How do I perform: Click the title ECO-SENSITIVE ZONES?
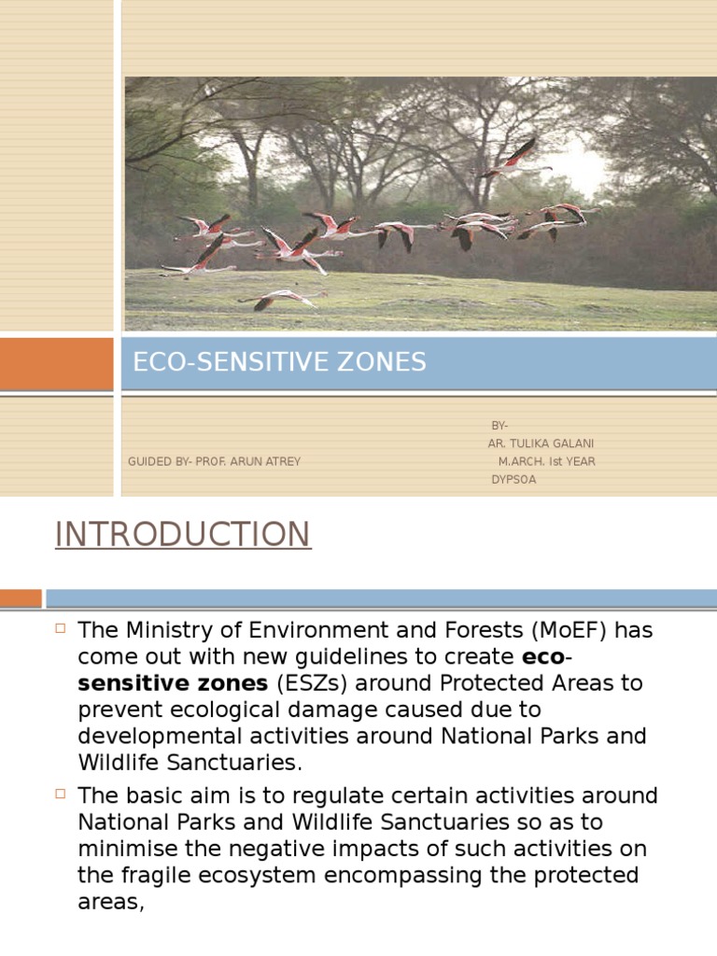[x=279, y=363]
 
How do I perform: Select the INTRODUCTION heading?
[x=182, y=535]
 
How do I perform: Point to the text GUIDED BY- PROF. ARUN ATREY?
[x=215, y=461]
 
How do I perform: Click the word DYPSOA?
[x=513, y=480]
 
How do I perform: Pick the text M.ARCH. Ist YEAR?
[x=546, y=461]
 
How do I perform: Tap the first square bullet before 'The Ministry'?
[x=62, y=627]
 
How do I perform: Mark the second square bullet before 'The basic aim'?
[x=62, y=794]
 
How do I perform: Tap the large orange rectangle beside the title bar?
[x=56, y=364]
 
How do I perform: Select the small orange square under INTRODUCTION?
[x=21, y=598]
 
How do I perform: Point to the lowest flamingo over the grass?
[x=280, y=299]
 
